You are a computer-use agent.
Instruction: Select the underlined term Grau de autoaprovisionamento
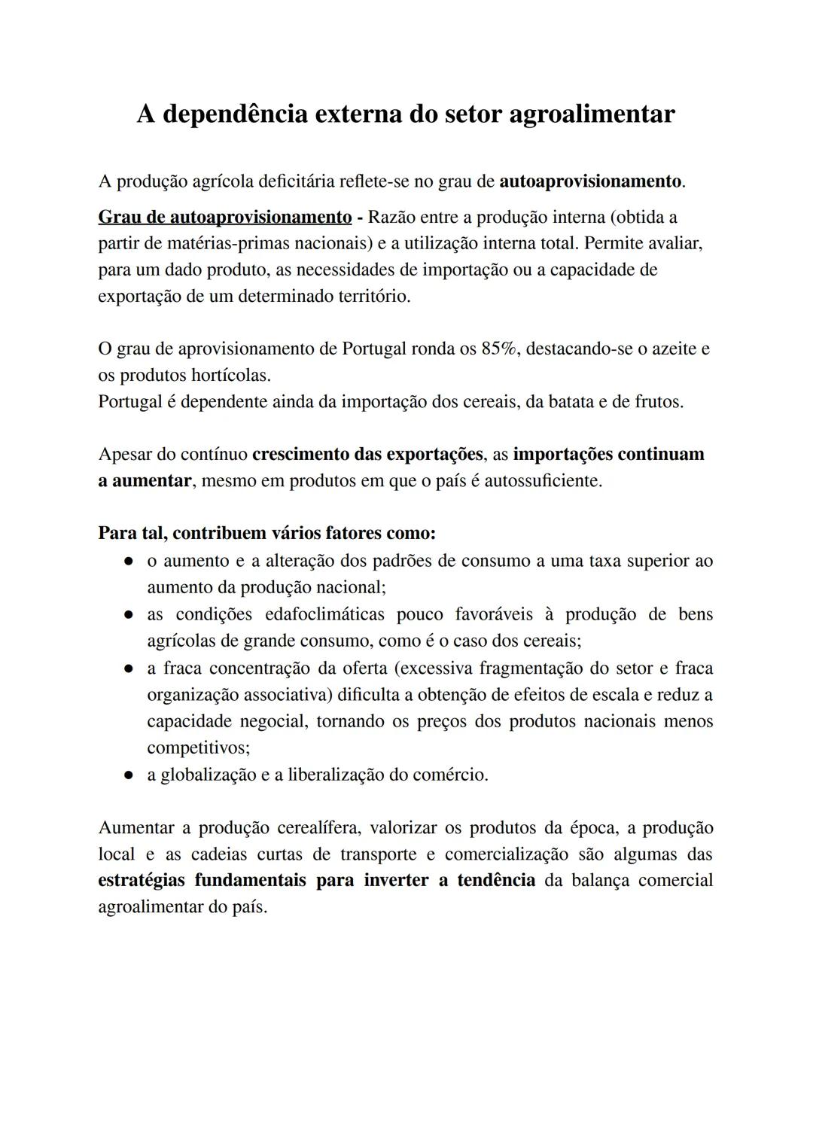(225, 218)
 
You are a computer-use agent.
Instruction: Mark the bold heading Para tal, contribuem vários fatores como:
(267, 534)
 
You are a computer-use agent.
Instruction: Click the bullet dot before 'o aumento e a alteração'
(129, 562)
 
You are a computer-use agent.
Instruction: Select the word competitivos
(198, 748)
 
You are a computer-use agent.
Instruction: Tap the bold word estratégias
(142, 881)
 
